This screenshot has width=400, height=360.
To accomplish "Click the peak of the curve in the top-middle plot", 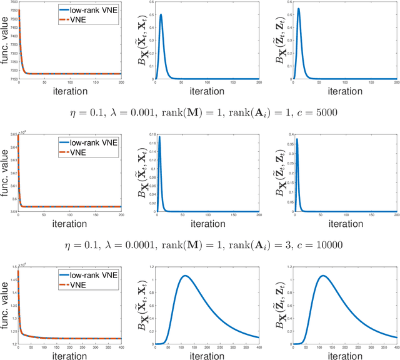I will click(161, 15).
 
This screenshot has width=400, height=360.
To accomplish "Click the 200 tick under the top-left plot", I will click(122, 84).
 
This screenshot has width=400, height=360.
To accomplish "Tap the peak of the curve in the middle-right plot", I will click(296, 139).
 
